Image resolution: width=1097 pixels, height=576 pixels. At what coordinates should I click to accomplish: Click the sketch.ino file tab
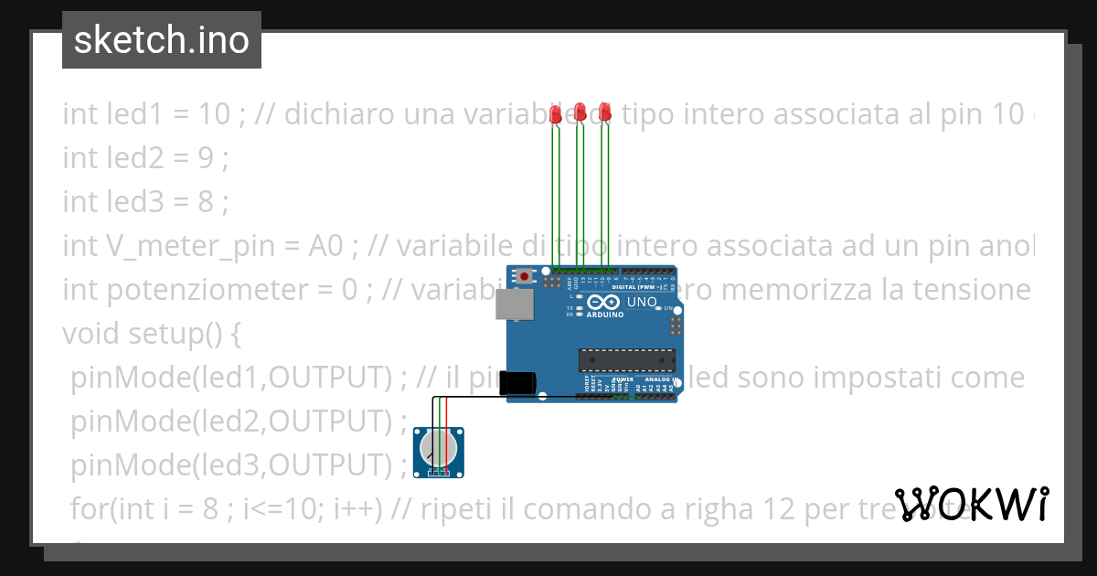coord(161,40)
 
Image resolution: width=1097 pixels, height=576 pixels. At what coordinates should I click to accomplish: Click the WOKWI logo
coord(972,504)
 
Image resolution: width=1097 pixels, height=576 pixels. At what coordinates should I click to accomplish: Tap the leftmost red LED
coord(556,112)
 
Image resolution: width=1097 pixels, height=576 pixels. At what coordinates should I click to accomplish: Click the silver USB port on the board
coord(513,304)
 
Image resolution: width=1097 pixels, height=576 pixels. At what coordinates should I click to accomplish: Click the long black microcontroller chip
coord(626,361)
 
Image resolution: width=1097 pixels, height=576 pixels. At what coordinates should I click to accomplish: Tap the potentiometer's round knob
coord(439,449)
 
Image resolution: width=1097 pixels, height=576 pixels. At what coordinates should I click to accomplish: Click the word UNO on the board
coord(642,302)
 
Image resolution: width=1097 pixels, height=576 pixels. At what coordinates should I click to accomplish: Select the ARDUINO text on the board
coord(604,315)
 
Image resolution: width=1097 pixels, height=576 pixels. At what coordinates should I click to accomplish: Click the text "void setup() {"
coord(151,333)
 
